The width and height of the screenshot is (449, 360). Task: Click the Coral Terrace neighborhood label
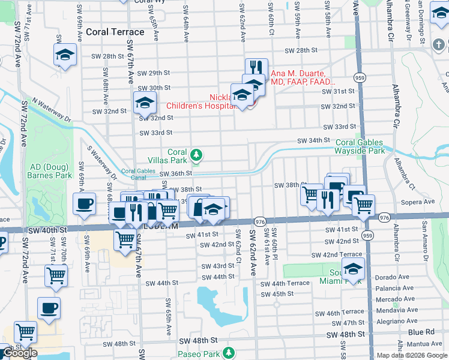[115, 32]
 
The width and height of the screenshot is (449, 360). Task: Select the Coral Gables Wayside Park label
[360, 146]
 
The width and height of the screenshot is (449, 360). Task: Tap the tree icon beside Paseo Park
[229, 354]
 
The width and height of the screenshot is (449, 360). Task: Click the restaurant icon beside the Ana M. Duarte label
[256, 67]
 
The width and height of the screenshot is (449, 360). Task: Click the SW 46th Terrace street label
[345, 312]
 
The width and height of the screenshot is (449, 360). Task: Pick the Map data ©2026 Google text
[411, 355]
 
